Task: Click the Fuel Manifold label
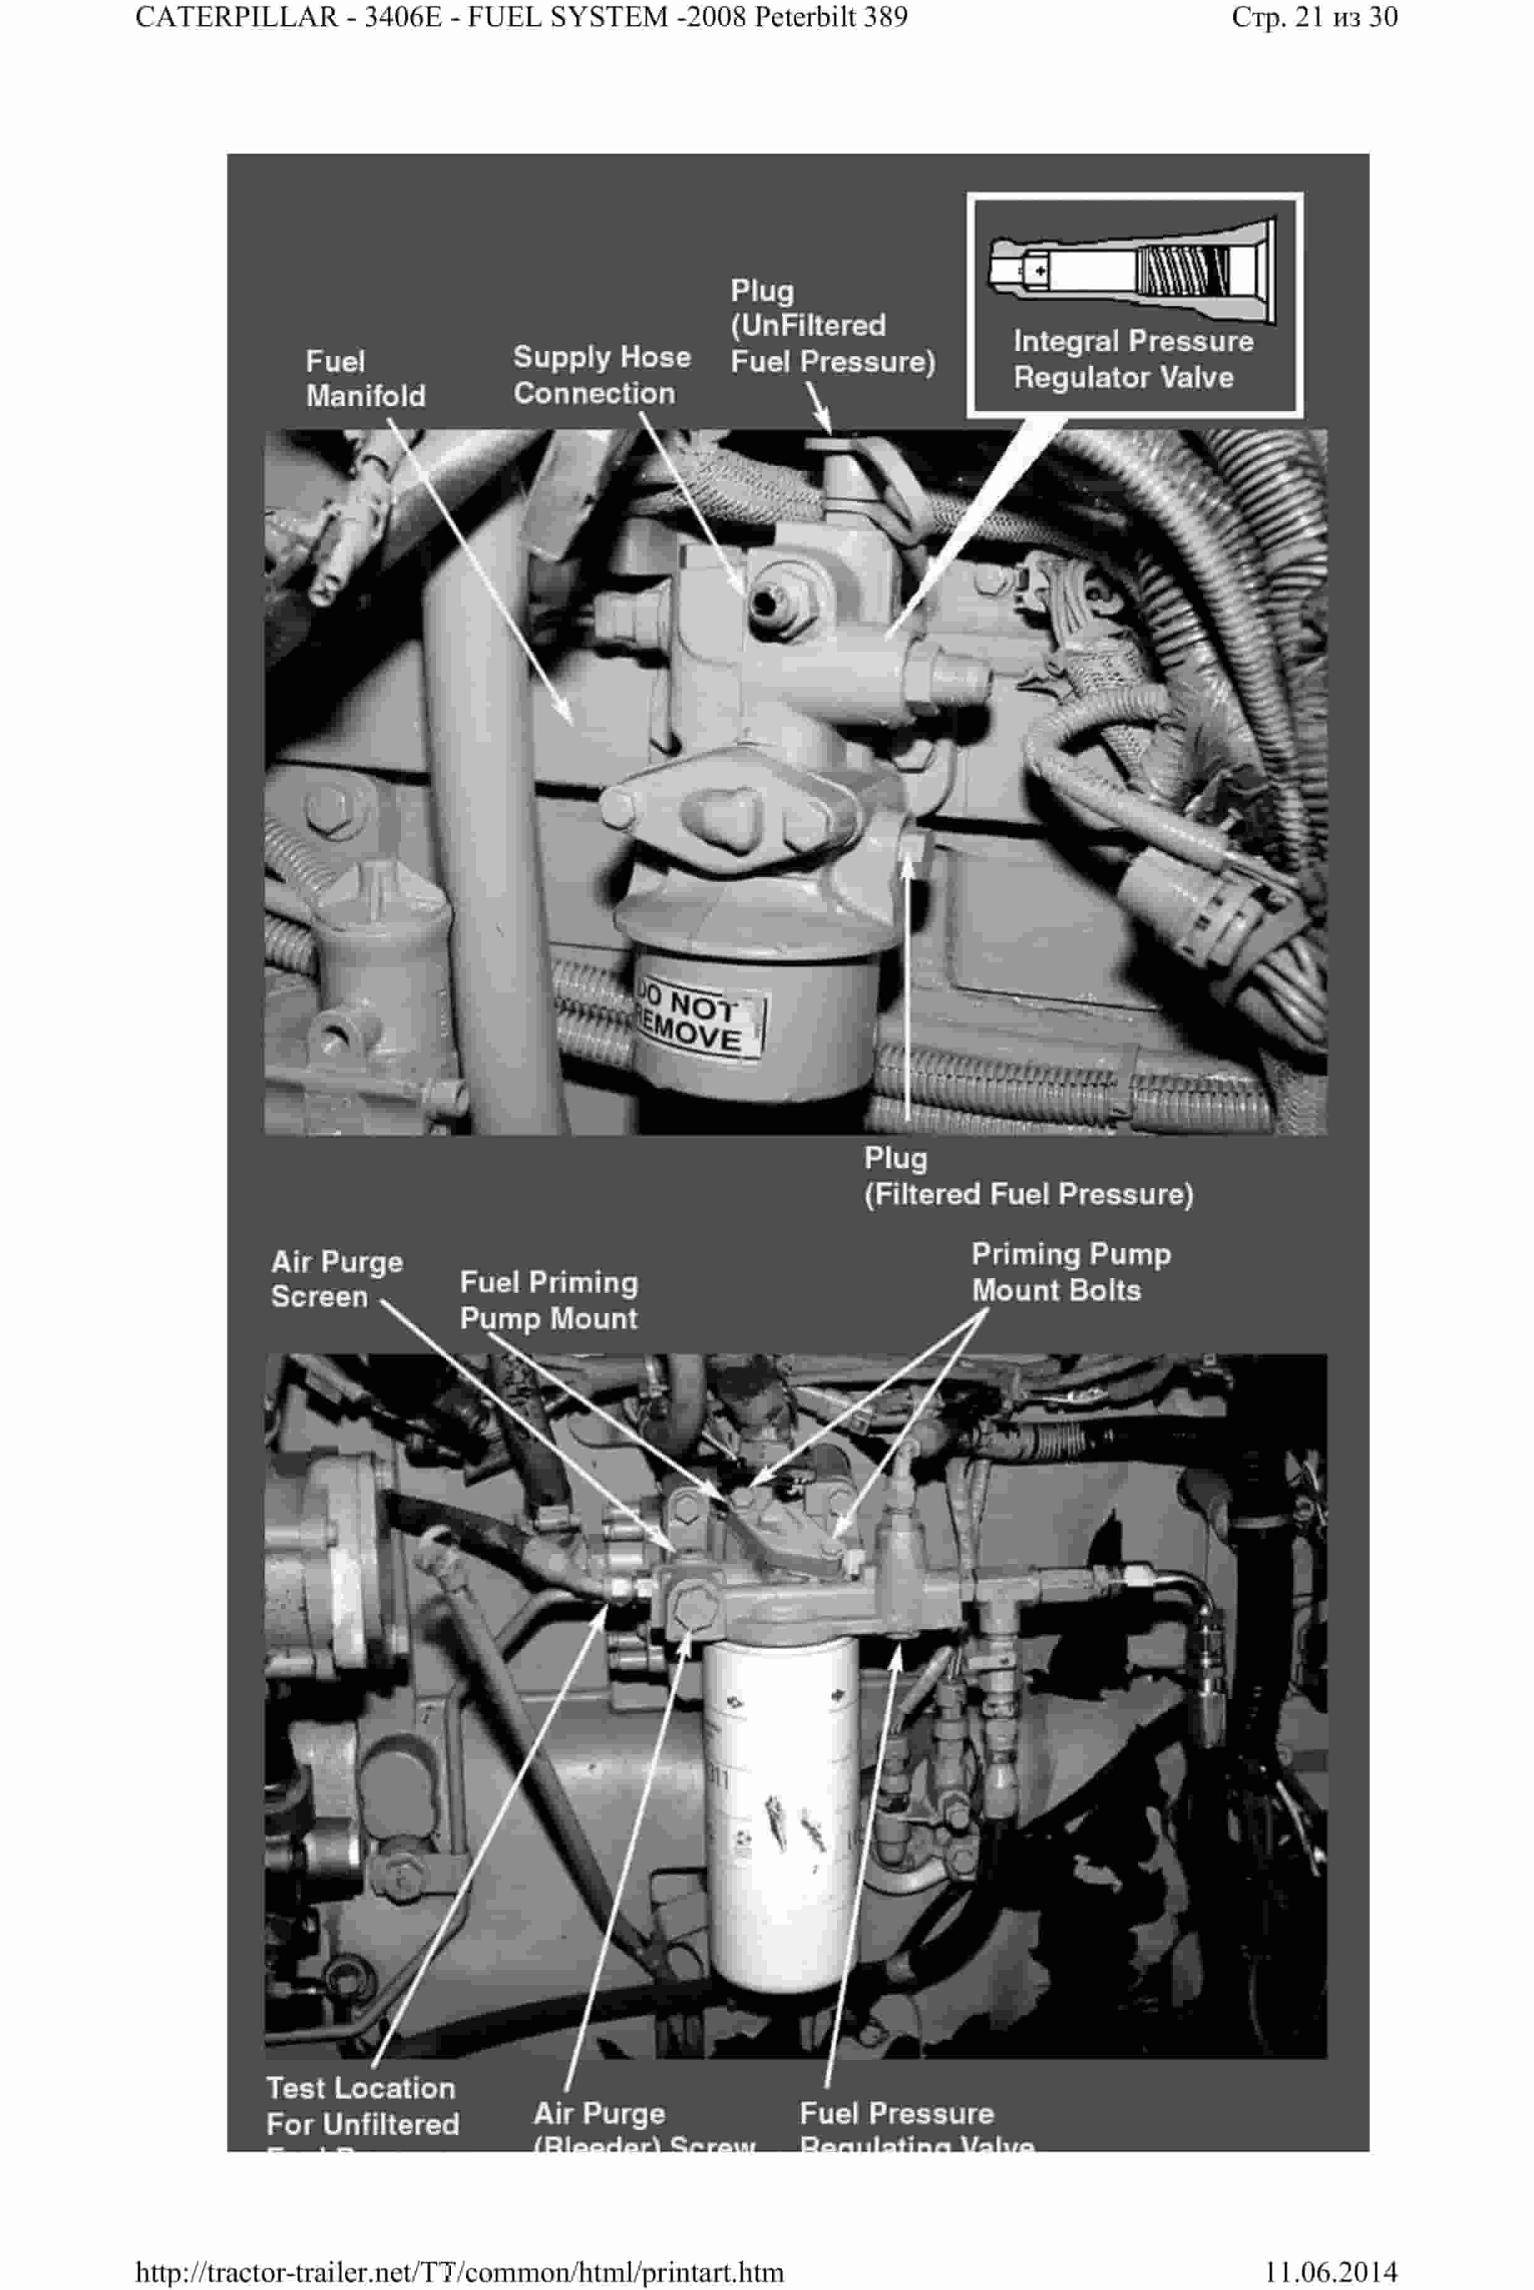click(365, 378)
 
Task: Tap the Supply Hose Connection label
click(601, 375)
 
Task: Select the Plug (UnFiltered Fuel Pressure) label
click(832, 326)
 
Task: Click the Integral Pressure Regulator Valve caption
click(1133, 359)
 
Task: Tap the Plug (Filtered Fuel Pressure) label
click(1027, 1176)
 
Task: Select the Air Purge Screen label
click(336, 1279)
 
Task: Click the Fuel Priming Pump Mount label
click(548, 1300)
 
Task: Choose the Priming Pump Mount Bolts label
click(1070, 1272)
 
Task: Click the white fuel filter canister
click(780, 1809)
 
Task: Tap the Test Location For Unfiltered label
click(362, 2105)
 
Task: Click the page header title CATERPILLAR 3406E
click(521, 18)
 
